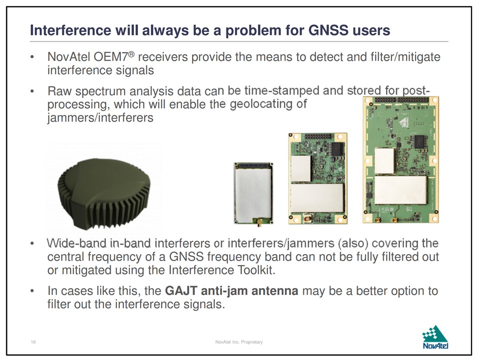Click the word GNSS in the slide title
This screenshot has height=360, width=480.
point(328,30)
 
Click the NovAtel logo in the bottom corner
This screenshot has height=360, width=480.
point(435,337)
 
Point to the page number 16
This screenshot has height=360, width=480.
point(33,342)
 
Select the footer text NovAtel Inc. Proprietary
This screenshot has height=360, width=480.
point(239,342)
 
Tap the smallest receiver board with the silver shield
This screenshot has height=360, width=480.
point(253,193)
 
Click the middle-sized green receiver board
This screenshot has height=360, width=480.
point(318,178)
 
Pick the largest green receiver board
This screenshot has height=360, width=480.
point(400,160)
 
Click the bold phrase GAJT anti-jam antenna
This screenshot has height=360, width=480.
point(231,290)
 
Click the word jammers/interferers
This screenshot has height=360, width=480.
point(100,117)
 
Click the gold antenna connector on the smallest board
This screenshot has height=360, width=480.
point(258,222)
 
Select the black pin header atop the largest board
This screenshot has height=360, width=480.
point(401,100)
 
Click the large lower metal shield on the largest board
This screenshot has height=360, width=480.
point(400,190)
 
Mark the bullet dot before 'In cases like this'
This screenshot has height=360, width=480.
point(32,291)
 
